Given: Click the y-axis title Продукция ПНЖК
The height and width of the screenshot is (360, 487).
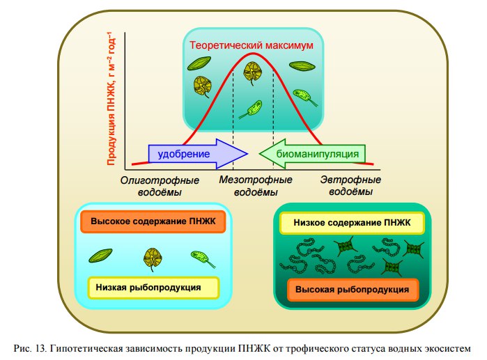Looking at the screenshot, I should pos(111,98).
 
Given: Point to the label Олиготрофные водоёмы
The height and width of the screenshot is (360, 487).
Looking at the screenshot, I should pos(155,186).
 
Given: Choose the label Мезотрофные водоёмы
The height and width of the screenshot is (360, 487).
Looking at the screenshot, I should pos(256,186).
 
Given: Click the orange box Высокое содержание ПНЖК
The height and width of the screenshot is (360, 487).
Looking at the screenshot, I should pos(154,222).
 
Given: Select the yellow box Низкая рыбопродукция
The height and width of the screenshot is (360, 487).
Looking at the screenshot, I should pos(154,286).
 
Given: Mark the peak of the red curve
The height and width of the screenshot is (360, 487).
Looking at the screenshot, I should pos(253,63).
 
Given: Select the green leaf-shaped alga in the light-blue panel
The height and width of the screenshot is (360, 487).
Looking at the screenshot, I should pos(102,256).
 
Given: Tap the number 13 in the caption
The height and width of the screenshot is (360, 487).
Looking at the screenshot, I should pos(42,347).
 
